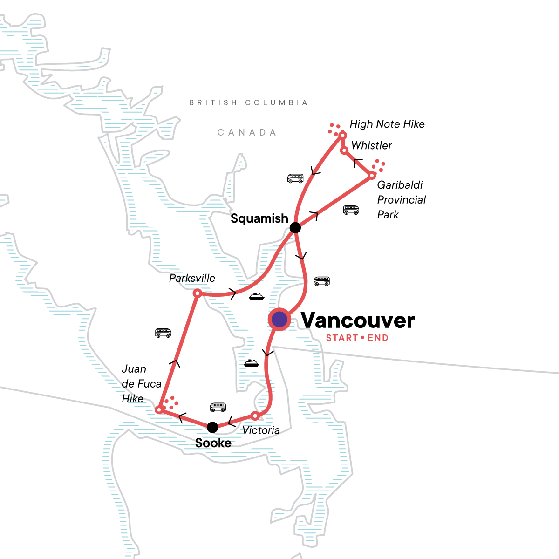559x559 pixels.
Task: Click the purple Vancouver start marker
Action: (279, 320)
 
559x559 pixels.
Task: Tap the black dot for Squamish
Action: (295, 228)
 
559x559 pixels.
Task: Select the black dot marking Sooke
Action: (212, 427)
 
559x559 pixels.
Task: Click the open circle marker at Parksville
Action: (197, 293)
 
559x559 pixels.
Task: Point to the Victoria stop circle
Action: (255, 416)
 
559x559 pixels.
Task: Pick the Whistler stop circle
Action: (344, 150)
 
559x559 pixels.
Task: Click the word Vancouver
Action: (358, 320)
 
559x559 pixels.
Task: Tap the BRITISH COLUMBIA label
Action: (248, 102)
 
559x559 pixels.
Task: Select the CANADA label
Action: (247, 133)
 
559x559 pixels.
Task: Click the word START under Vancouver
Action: (341, 338)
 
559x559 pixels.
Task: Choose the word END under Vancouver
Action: (378, 338)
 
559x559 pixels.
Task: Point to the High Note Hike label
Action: (387, 124)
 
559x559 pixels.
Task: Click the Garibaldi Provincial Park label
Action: (401, 199)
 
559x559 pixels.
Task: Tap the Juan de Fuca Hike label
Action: (141, 384)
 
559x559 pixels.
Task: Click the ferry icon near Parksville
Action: (257, 296)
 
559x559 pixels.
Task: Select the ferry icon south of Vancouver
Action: (251, 363)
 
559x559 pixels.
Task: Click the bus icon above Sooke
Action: (218, 407)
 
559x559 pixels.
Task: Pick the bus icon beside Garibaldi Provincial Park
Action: (351, 210)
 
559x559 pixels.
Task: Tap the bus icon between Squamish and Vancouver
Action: (321, 281)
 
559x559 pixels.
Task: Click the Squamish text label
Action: (259, 218)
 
